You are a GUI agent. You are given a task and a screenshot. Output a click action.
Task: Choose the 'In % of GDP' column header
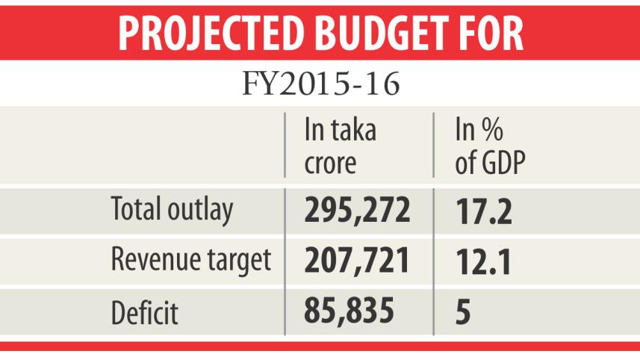click(x=488, y=146)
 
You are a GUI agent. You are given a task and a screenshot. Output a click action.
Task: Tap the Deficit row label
click(x=144, y=311)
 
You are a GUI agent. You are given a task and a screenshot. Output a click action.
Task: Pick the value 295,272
click(x=357, y=211)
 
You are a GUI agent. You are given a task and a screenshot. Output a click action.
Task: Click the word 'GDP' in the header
click(x=502, y=163)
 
